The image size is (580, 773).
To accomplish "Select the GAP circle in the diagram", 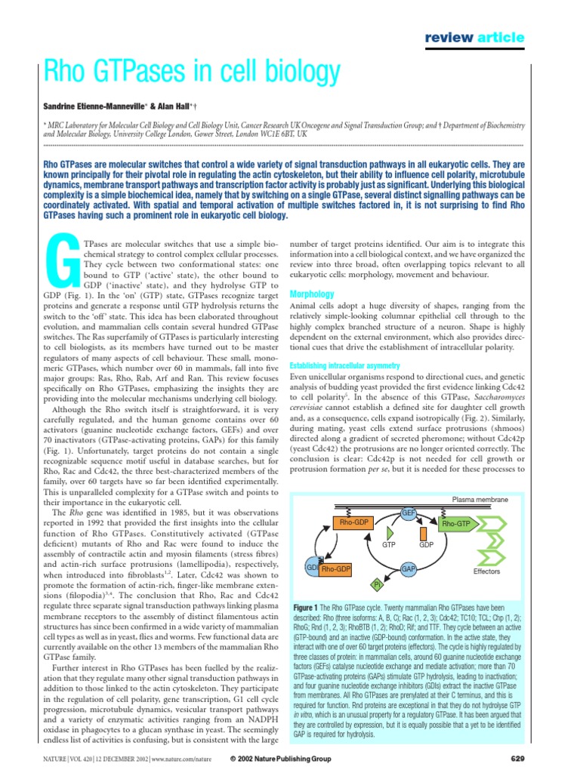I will point(409,568).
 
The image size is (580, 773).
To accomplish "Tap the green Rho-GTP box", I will point(456,524).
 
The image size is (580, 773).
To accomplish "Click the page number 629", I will point(517,758).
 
